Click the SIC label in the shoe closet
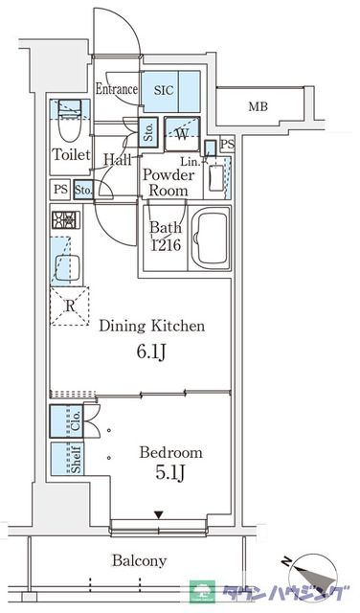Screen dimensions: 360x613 [x=164, y=91]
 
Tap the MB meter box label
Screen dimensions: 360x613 [x=259, y=106]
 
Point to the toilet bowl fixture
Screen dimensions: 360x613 [x=70, y=127]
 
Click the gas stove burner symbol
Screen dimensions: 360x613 [x=66, y=219]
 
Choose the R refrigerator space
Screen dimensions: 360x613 [x=70, y=306]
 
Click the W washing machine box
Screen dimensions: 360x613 [x=182, y=134]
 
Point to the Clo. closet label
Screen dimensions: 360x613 [x=77, y=420]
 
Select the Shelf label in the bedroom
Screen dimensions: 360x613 [x=77, y=460]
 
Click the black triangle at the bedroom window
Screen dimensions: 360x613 [x=158, y=515]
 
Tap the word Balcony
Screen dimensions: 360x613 [x=140, y=560]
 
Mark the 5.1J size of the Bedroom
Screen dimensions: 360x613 [x=170, y=473]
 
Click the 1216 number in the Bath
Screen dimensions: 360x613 [x=167, y=245]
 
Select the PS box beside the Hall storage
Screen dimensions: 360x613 [x=60, y=190]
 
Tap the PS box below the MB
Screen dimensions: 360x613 [x=227, y=145]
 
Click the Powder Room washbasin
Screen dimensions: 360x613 [x=216, y=178]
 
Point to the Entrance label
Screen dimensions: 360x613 [x=117, y=89]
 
